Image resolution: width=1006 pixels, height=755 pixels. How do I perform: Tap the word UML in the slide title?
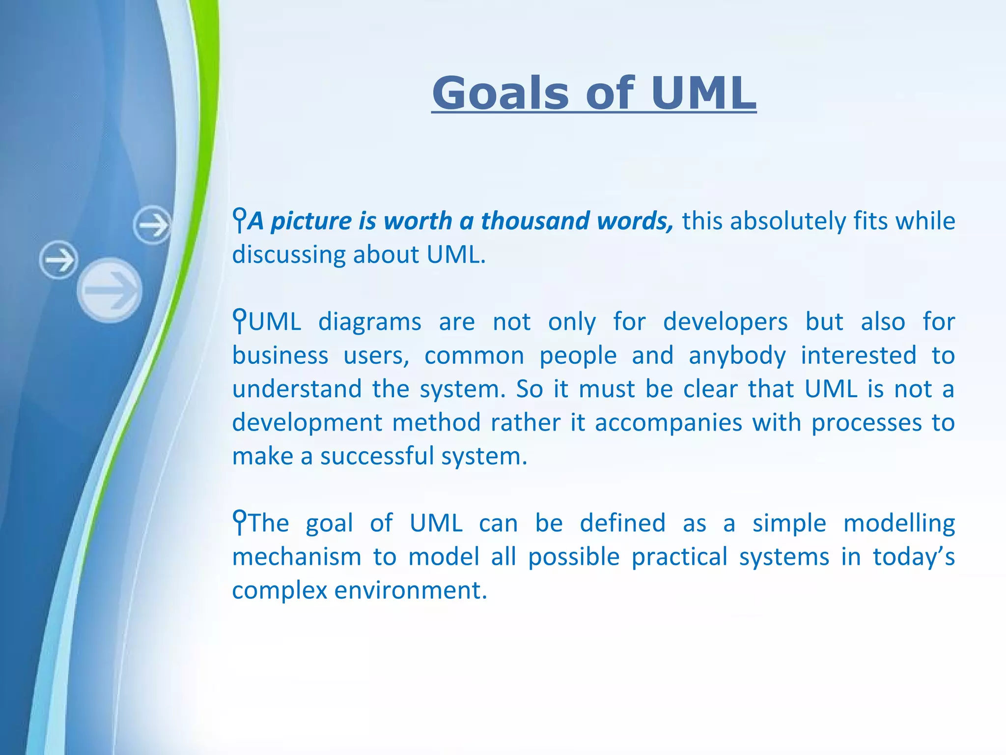coord(703,93)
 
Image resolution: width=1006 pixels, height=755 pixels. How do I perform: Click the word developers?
coord(725,322)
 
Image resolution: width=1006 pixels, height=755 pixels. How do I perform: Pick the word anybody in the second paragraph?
coord(737,355)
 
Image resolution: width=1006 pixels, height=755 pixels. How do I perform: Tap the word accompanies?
coord(668,423)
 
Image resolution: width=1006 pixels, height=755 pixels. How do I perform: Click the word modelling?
coord(899,523)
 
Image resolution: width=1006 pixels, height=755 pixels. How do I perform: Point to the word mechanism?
coord(297,557)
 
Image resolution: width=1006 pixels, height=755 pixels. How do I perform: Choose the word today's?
coord(913,557)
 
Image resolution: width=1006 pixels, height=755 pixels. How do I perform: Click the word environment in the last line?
coord(411,590)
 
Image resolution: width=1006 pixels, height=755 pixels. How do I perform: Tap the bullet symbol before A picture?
coord(239,220)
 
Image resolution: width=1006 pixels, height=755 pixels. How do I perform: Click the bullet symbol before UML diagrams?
coord(239,320)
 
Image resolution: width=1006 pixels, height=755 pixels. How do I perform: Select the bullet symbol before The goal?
coord(239,522)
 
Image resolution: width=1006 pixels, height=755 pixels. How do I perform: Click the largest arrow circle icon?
coord(110,290)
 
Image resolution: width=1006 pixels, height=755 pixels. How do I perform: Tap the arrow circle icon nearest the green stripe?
coord(152,225)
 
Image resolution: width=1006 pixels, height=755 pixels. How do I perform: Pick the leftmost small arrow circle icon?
coord(58,260)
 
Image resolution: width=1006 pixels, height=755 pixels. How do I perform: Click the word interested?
coord(858,355)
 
